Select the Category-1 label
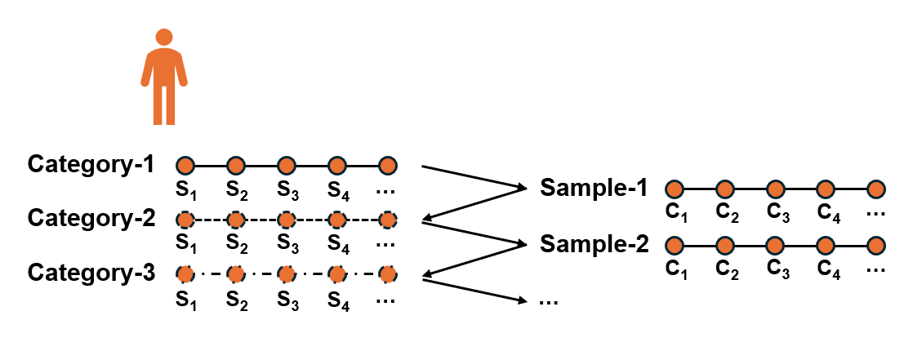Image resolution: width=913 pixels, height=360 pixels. (x=91, y=165)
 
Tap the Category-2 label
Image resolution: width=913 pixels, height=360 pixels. (x=91, y=219)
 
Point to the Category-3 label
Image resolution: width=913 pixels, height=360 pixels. (x=91, y=273)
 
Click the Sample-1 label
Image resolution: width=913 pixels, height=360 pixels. (x=594, y=188)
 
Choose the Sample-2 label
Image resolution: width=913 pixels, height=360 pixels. (x=594, y=244)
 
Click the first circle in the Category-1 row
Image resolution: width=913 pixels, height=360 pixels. (x=185, y=166)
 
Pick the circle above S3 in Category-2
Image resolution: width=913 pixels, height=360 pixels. (x=286, y=220)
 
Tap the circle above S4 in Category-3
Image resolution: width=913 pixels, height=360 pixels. (x=337, y=273)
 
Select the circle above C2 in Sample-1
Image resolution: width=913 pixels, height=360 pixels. (x=725, y=189)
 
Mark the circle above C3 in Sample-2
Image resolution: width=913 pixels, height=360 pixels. (x=775, y=246)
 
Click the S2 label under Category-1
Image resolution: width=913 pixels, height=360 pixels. (x=236, y=190)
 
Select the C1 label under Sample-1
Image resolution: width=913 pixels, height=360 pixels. (x=676, y=213)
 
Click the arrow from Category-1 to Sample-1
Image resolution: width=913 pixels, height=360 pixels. (x=474, y=177)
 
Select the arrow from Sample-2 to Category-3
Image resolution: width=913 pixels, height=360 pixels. (x=474, y=260)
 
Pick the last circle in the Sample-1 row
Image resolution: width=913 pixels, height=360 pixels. (x=875, y=189)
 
